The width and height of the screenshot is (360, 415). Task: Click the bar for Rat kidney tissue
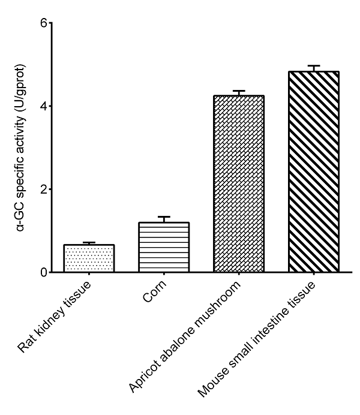[x=89, y=258]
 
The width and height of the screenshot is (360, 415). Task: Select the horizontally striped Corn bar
[x=164, y=247]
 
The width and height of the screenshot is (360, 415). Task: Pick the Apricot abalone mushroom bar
[x=239, y=184]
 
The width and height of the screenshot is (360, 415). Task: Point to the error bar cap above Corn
[x=164, y=217]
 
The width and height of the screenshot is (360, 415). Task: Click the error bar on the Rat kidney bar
[x=89, y=243]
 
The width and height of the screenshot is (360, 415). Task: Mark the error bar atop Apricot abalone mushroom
[x=239, y=92]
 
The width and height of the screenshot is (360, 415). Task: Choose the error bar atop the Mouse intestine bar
[x=313, y=67]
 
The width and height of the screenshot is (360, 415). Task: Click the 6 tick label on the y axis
[x=43, y=23]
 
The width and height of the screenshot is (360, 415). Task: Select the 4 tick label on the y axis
[x=43, y=106]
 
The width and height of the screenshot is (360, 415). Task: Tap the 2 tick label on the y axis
[x=43, y=190]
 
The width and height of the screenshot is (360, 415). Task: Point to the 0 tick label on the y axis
[x=43, y=273]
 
